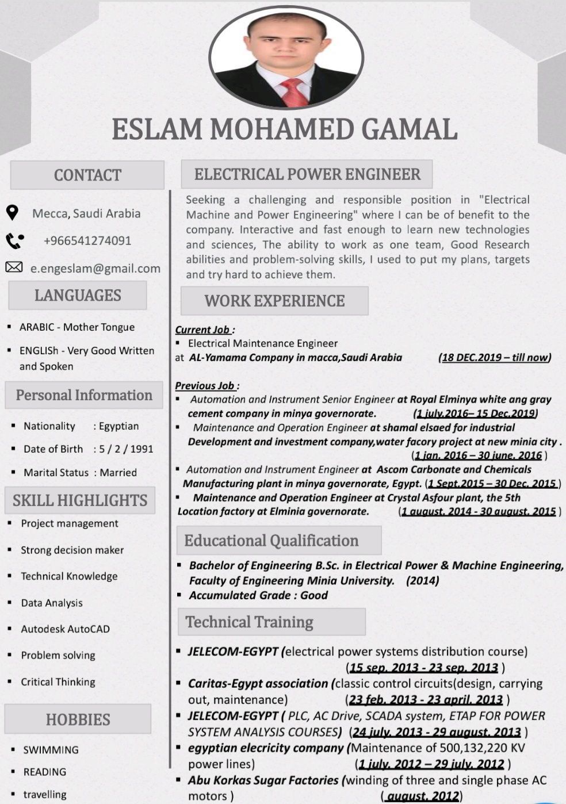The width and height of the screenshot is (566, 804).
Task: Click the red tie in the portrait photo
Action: tap(294, 93)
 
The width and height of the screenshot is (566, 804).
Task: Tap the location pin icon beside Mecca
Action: tap(12, 213)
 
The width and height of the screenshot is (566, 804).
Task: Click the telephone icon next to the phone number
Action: tap(14, 240)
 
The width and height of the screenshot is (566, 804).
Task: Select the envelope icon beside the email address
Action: tap(14, 267)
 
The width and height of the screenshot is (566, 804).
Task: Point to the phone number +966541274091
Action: tap(87, 240)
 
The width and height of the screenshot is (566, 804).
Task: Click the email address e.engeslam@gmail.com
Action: tap(95, 268)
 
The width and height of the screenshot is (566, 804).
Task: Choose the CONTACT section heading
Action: tap(87, 175)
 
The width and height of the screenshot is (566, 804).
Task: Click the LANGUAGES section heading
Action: tap(78, 295)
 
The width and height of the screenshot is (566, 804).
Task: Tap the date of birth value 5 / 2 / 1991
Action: tap(126, 449)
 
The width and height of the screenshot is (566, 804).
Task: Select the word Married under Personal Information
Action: tap(118, 473)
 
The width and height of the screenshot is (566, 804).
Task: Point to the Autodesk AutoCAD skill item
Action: tap(65, 629)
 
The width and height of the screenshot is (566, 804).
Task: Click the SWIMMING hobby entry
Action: tap(51, 750)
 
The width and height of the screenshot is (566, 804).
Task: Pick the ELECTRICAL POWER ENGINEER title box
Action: tap(307, 174)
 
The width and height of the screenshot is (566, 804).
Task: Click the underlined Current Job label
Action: tap(202, 330)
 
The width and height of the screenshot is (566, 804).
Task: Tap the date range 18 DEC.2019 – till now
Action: tap(495, 358)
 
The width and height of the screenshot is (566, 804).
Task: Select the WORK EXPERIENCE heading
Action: tap(274, 301)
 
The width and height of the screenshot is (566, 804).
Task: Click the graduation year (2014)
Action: tap(423, 581)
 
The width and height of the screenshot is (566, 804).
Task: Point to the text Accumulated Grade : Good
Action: tap(258, 596)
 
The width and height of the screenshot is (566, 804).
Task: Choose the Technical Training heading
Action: tap(249, 622)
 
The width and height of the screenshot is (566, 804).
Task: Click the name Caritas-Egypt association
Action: tap(258, 684)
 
